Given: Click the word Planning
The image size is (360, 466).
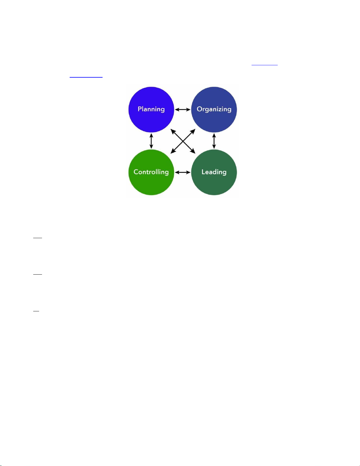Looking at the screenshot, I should tap(151, 109).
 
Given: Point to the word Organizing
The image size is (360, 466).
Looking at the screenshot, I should tap(214, 109).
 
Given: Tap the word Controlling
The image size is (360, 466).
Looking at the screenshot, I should tap(151, 172).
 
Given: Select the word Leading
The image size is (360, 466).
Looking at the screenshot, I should tap(214, 172).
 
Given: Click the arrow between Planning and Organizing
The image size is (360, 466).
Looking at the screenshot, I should tap(182, 109).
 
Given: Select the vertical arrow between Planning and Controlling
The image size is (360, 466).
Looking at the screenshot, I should tap(151, 141).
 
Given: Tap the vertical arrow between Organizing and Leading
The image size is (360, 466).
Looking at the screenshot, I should tap(214, 141).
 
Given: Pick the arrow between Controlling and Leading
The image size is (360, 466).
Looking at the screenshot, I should tap(182, 172).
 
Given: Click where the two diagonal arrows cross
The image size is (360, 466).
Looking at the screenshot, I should tap(183, 141).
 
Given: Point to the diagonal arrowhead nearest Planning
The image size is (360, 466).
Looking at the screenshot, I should tap(173, 131).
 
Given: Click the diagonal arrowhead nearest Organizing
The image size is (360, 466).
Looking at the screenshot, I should tap(193, 131).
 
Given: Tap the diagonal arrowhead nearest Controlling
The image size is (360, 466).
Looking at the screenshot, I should tap(173, 152).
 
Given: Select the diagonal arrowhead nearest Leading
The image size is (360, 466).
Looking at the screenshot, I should tap(193, 152).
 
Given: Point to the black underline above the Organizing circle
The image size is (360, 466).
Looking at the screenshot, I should tap(264, 65).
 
